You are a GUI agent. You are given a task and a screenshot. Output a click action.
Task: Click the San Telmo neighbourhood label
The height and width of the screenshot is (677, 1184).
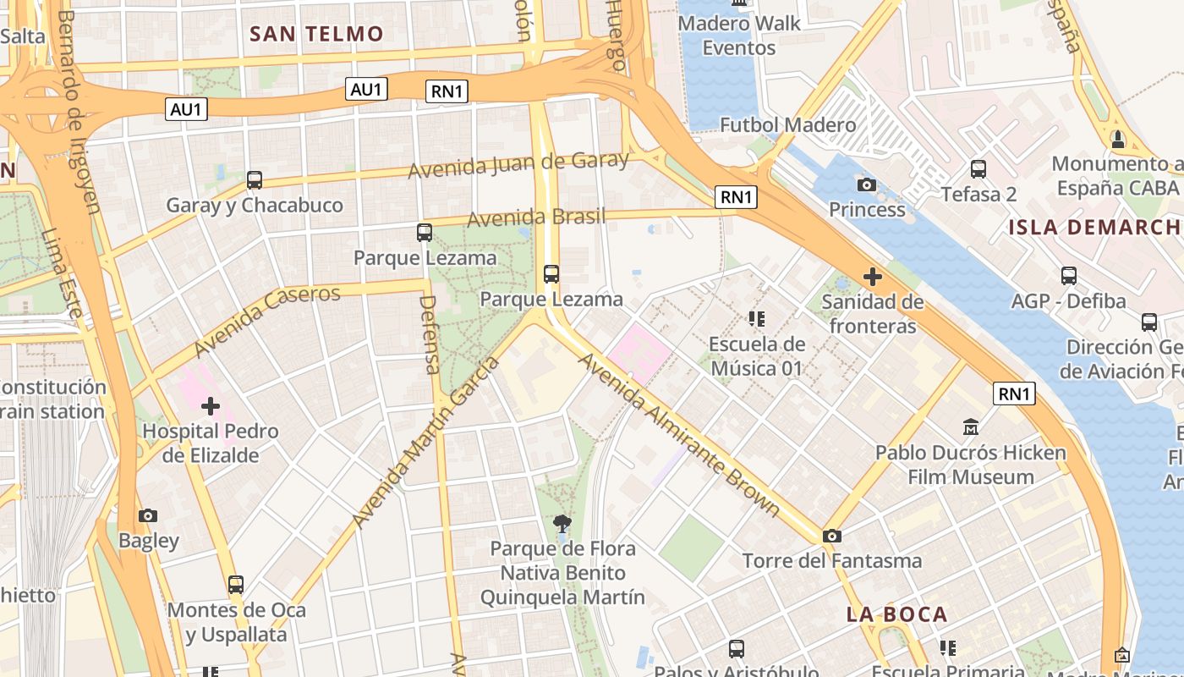point(317,34)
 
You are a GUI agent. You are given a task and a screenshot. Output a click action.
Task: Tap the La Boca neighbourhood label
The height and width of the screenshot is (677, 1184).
point(897,615)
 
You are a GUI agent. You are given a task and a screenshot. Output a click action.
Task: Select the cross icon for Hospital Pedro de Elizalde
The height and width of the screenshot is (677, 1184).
point(211,406)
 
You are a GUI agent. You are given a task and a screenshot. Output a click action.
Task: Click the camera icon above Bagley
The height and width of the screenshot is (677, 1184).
point(148,515)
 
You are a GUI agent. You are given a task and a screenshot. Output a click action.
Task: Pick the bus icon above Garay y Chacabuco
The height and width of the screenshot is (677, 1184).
point(255,179)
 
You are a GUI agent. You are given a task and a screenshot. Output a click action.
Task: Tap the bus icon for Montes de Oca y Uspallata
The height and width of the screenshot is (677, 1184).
point(236,584)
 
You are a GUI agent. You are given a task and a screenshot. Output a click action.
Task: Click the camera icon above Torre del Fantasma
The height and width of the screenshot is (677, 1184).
point(832,536)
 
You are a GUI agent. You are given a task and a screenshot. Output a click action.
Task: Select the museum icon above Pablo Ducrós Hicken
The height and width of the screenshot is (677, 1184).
point(971,427)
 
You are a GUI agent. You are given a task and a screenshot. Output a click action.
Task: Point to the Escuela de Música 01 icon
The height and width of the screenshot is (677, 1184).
point(757,319)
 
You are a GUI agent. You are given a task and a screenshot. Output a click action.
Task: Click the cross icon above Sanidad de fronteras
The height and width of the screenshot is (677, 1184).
point(872,277)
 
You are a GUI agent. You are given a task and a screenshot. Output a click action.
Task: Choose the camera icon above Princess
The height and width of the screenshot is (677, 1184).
point(867,184)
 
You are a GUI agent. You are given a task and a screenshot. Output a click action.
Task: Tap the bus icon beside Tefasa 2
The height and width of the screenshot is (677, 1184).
point(978,169)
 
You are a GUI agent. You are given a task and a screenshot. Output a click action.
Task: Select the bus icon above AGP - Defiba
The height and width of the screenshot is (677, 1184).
point(1069,275)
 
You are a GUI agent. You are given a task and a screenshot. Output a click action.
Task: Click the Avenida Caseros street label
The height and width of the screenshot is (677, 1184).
point(267,321)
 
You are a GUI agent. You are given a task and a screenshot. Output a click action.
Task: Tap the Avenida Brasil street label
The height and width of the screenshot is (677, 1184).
point(536,217)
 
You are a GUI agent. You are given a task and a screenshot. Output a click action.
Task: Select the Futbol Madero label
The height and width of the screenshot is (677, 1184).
point(788,125)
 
